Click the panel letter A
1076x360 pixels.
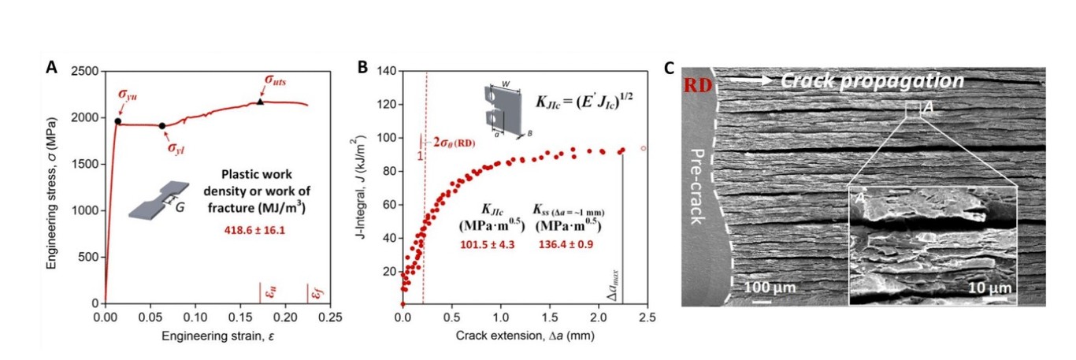pyautogui.click(x=51, y=68)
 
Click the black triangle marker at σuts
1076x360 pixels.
pyautogui.click(x=261, y=102)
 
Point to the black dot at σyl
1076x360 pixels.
pyautogui.click(x=162, y=125)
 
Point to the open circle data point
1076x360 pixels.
pyautogui.click(x=644, y=148)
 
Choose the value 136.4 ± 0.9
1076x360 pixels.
pyautogui.click(x=567, y=245)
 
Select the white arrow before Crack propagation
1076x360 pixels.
pyautogui.click(x=749, y=80)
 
